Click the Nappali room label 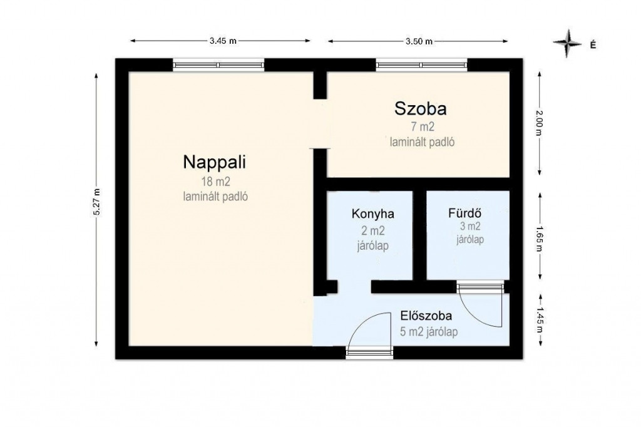214,162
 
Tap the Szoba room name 420,109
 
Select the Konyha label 373,214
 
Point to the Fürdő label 465,213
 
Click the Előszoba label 426,316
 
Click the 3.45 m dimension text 223,41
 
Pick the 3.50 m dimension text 419,41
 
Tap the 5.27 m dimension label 96,202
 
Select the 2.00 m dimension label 540,123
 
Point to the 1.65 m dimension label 540,239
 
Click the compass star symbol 567,43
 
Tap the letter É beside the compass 593,44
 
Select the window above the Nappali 218,64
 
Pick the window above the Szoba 421,64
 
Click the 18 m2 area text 215,181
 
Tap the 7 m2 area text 423,127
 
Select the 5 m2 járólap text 429,332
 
